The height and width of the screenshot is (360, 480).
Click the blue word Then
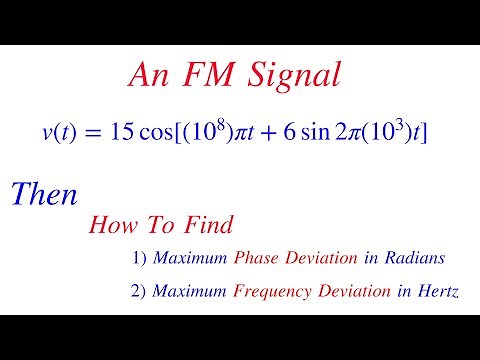[x=43, y=194]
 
